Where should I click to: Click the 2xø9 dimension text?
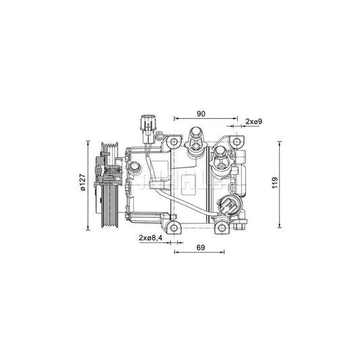point(253,121)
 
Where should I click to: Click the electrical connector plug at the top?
point(146,125)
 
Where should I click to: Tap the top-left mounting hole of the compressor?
point(174,143)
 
